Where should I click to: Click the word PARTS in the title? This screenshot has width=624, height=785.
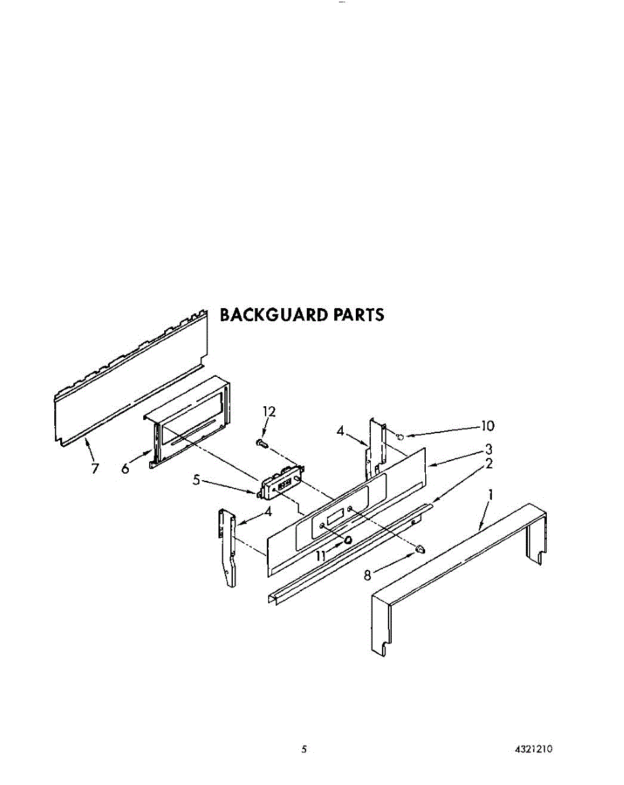click(359, 315)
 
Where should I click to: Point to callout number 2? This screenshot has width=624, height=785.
click(488, 464)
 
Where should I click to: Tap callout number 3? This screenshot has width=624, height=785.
click(488, 449)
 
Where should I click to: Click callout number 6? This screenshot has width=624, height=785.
click(125, 468)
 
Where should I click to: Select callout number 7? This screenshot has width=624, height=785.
click(95, 468)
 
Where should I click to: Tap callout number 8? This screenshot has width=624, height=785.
click(368, 575)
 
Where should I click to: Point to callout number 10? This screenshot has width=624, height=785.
click(487, 427)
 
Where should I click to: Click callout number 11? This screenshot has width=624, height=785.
click(321, 555)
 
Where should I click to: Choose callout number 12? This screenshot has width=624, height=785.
click(269, 411)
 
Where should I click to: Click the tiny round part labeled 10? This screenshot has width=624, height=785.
click(400, 435)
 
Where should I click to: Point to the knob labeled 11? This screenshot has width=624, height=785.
click(349, 539)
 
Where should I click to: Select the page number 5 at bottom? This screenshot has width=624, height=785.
click(303, 750)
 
